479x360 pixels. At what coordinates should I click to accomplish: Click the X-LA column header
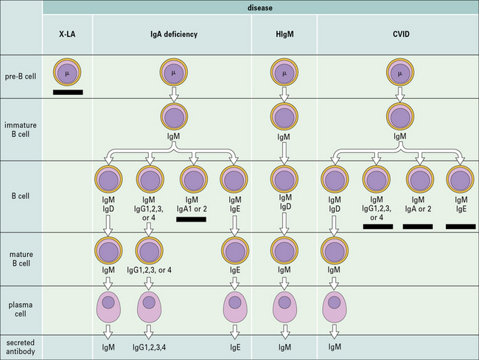point(68,34)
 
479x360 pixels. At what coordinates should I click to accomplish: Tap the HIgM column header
point(284,34)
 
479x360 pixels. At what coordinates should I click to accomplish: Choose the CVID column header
point(399,34)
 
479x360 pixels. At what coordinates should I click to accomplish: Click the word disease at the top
point(261,7)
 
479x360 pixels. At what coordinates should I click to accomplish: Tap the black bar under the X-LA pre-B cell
point(68,93)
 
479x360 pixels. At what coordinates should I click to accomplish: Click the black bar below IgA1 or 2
point(192,219)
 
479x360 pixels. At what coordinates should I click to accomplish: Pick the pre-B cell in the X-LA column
point(68,74)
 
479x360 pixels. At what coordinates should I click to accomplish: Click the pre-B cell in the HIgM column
point(284,74)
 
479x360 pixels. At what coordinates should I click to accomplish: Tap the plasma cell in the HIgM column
point(284,304)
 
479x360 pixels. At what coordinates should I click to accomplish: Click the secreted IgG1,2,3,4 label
point(149,347)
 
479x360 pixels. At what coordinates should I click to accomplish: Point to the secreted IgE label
point(234,347)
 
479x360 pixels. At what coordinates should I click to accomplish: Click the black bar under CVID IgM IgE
point(460,227)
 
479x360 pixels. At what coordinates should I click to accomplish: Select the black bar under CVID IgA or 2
point(418,227)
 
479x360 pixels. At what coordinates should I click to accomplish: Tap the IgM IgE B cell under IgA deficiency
point(234,180)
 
